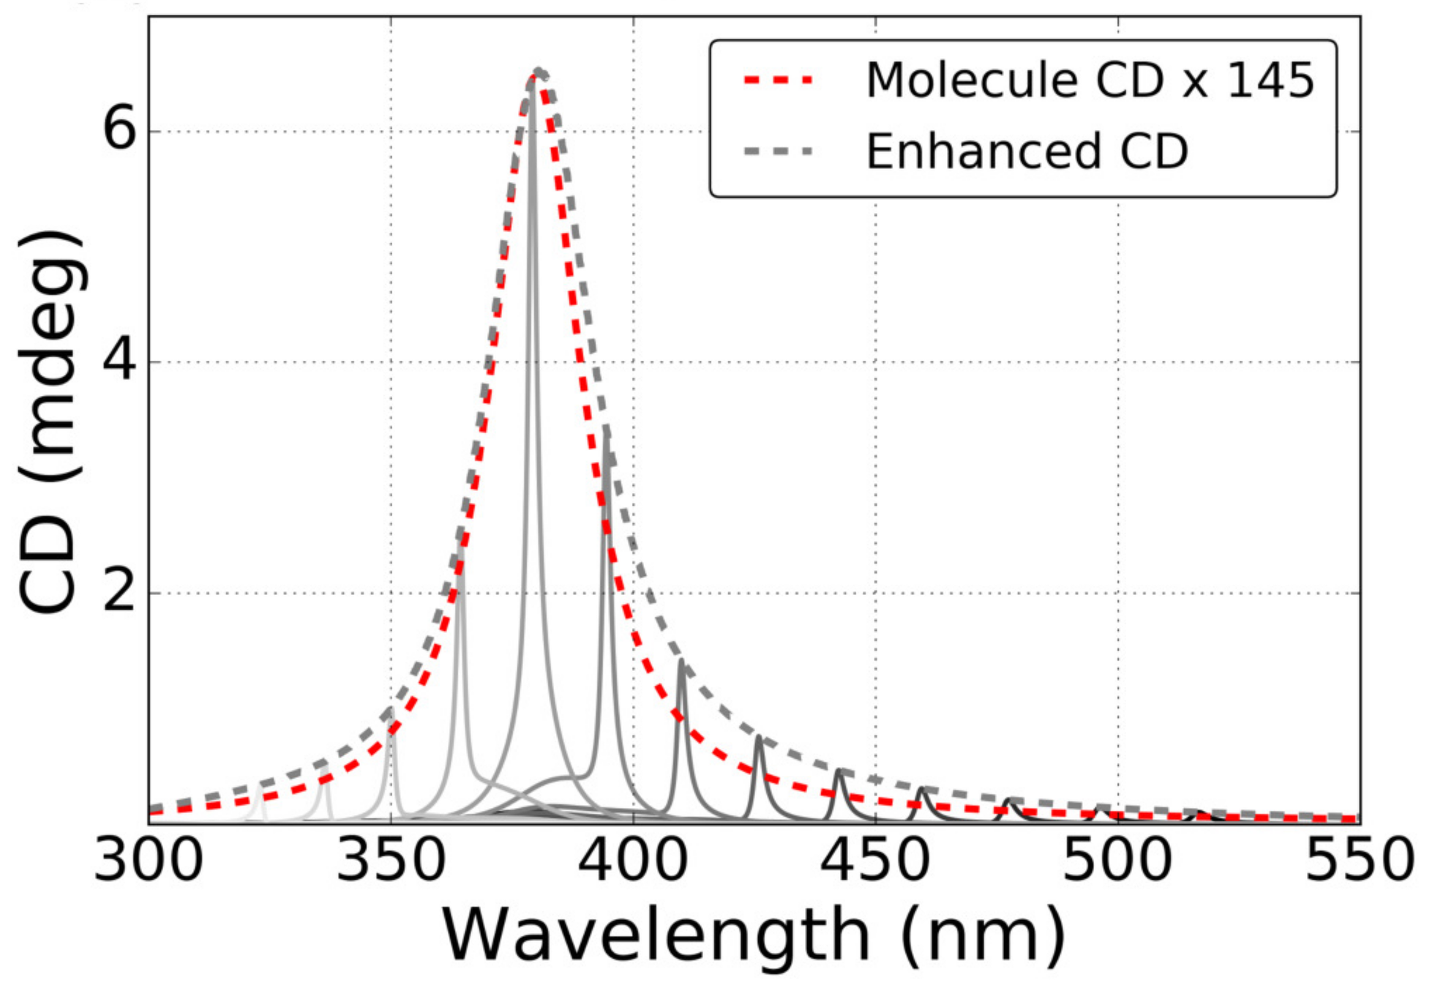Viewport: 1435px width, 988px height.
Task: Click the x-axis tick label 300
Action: pos(149,861)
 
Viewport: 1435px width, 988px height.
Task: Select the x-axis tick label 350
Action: pos(391,861)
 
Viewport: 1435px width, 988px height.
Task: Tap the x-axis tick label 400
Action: pos(633,861)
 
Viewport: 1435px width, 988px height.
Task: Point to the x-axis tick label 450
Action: pos(875,861)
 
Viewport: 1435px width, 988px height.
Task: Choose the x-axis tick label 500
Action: pos(1117,861)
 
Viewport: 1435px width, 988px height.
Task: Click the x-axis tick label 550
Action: pos(1360,861)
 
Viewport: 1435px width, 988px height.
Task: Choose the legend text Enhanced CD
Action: pos(1027,151)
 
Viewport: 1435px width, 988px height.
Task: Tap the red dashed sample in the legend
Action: pos(779,80)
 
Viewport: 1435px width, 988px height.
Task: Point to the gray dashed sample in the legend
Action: pos(779,151)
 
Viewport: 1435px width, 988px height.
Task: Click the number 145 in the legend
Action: pos(1270,80)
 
